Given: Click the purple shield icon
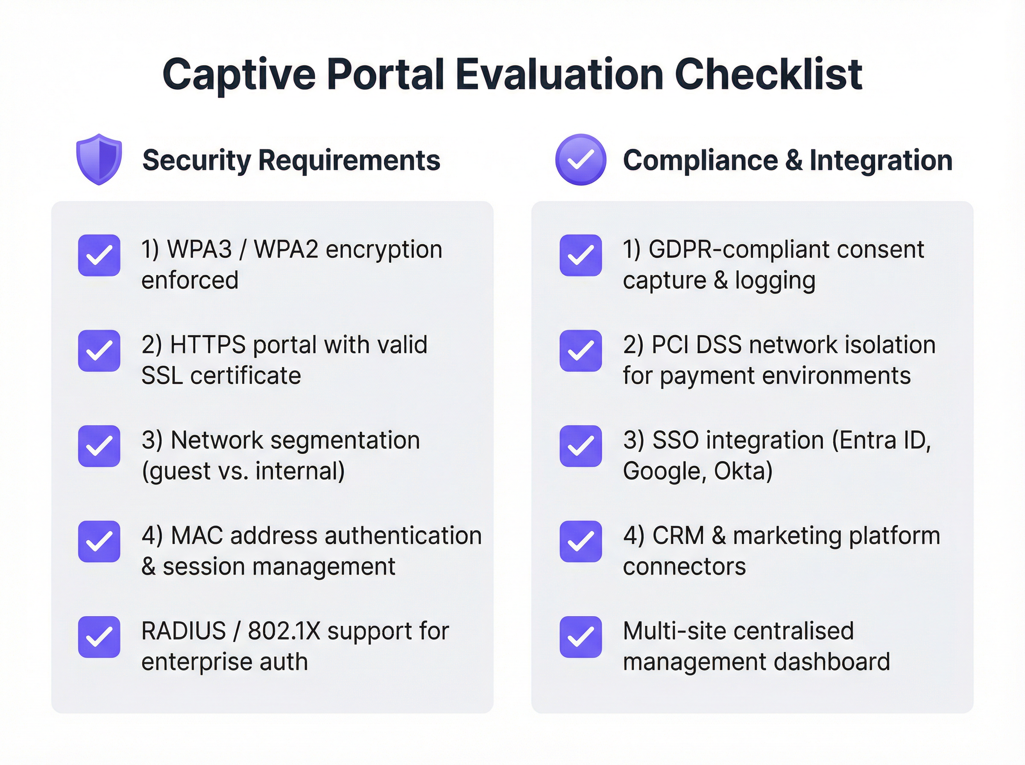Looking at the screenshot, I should click(x=99, y=159).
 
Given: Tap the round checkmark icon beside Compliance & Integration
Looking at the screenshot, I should click(x=580, y=160).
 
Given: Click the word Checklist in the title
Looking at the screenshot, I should click(x=768, y=74).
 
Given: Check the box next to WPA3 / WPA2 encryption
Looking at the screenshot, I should click(x=99, y=255).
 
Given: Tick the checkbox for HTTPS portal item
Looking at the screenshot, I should click(x=99, y=350).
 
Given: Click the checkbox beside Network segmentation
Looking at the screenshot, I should click(x=99, y=446).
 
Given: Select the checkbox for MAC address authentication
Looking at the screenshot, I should click(x=99, y=541).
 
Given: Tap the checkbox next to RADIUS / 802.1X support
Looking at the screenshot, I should click(x=99, y=637).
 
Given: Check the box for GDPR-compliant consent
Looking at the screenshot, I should click(x=580, y=255).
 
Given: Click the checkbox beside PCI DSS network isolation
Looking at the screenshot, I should click(x=580, y=350).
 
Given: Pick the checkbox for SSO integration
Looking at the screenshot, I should click(x=580, y=446).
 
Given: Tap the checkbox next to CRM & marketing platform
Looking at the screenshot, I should click(x=580, y=541).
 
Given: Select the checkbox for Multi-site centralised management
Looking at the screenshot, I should click(x=580, y=637).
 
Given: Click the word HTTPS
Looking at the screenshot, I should click(x=208, y=345).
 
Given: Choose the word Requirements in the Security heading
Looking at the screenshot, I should click(x=349, y=160).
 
